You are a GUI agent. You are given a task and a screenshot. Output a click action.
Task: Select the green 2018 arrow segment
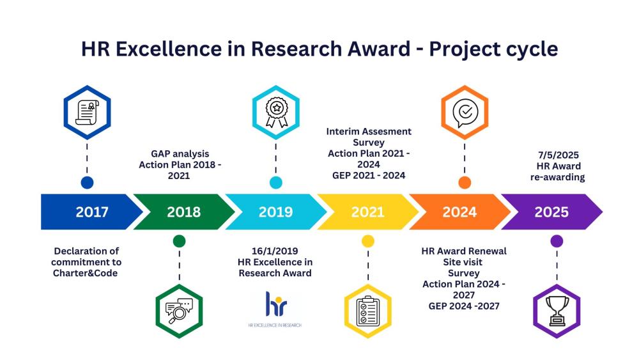click(184, 212)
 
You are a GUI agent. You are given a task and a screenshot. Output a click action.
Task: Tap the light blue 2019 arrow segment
click(276, 212)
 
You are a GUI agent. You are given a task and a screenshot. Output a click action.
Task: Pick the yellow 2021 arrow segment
click(367, 212)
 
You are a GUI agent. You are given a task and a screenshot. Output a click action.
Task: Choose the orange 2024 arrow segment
click(459, 212)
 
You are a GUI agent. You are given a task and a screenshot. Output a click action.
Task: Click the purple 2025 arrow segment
click(551, 212)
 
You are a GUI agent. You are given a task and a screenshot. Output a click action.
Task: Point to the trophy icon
click(557, 311)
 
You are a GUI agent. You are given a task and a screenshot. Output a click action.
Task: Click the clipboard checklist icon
click(368, 311)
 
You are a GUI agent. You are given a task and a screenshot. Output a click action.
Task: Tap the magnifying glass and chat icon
click(179, 311)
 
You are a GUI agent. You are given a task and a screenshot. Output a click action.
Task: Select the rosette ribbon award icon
click(276, 112)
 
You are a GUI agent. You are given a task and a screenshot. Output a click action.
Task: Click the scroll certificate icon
click(87, 113)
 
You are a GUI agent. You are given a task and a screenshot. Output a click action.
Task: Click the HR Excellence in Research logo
click(275, 309)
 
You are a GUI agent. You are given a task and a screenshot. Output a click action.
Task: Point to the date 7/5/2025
click(558, 155)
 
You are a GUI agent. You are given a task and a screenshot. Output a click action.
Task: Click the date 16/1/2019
click(275, 251)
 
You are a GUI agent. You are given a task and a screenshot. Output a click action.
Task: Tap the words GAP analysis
click(180, 154)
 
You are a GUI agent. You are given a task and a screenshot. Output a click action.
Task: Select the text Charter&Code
click(85, 273)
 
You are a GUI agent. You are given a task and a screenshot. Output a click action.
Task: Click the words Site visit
click(463, 262)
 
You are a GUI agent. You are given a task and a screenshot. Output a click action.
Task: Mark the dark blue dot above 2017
click(87, 183)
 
